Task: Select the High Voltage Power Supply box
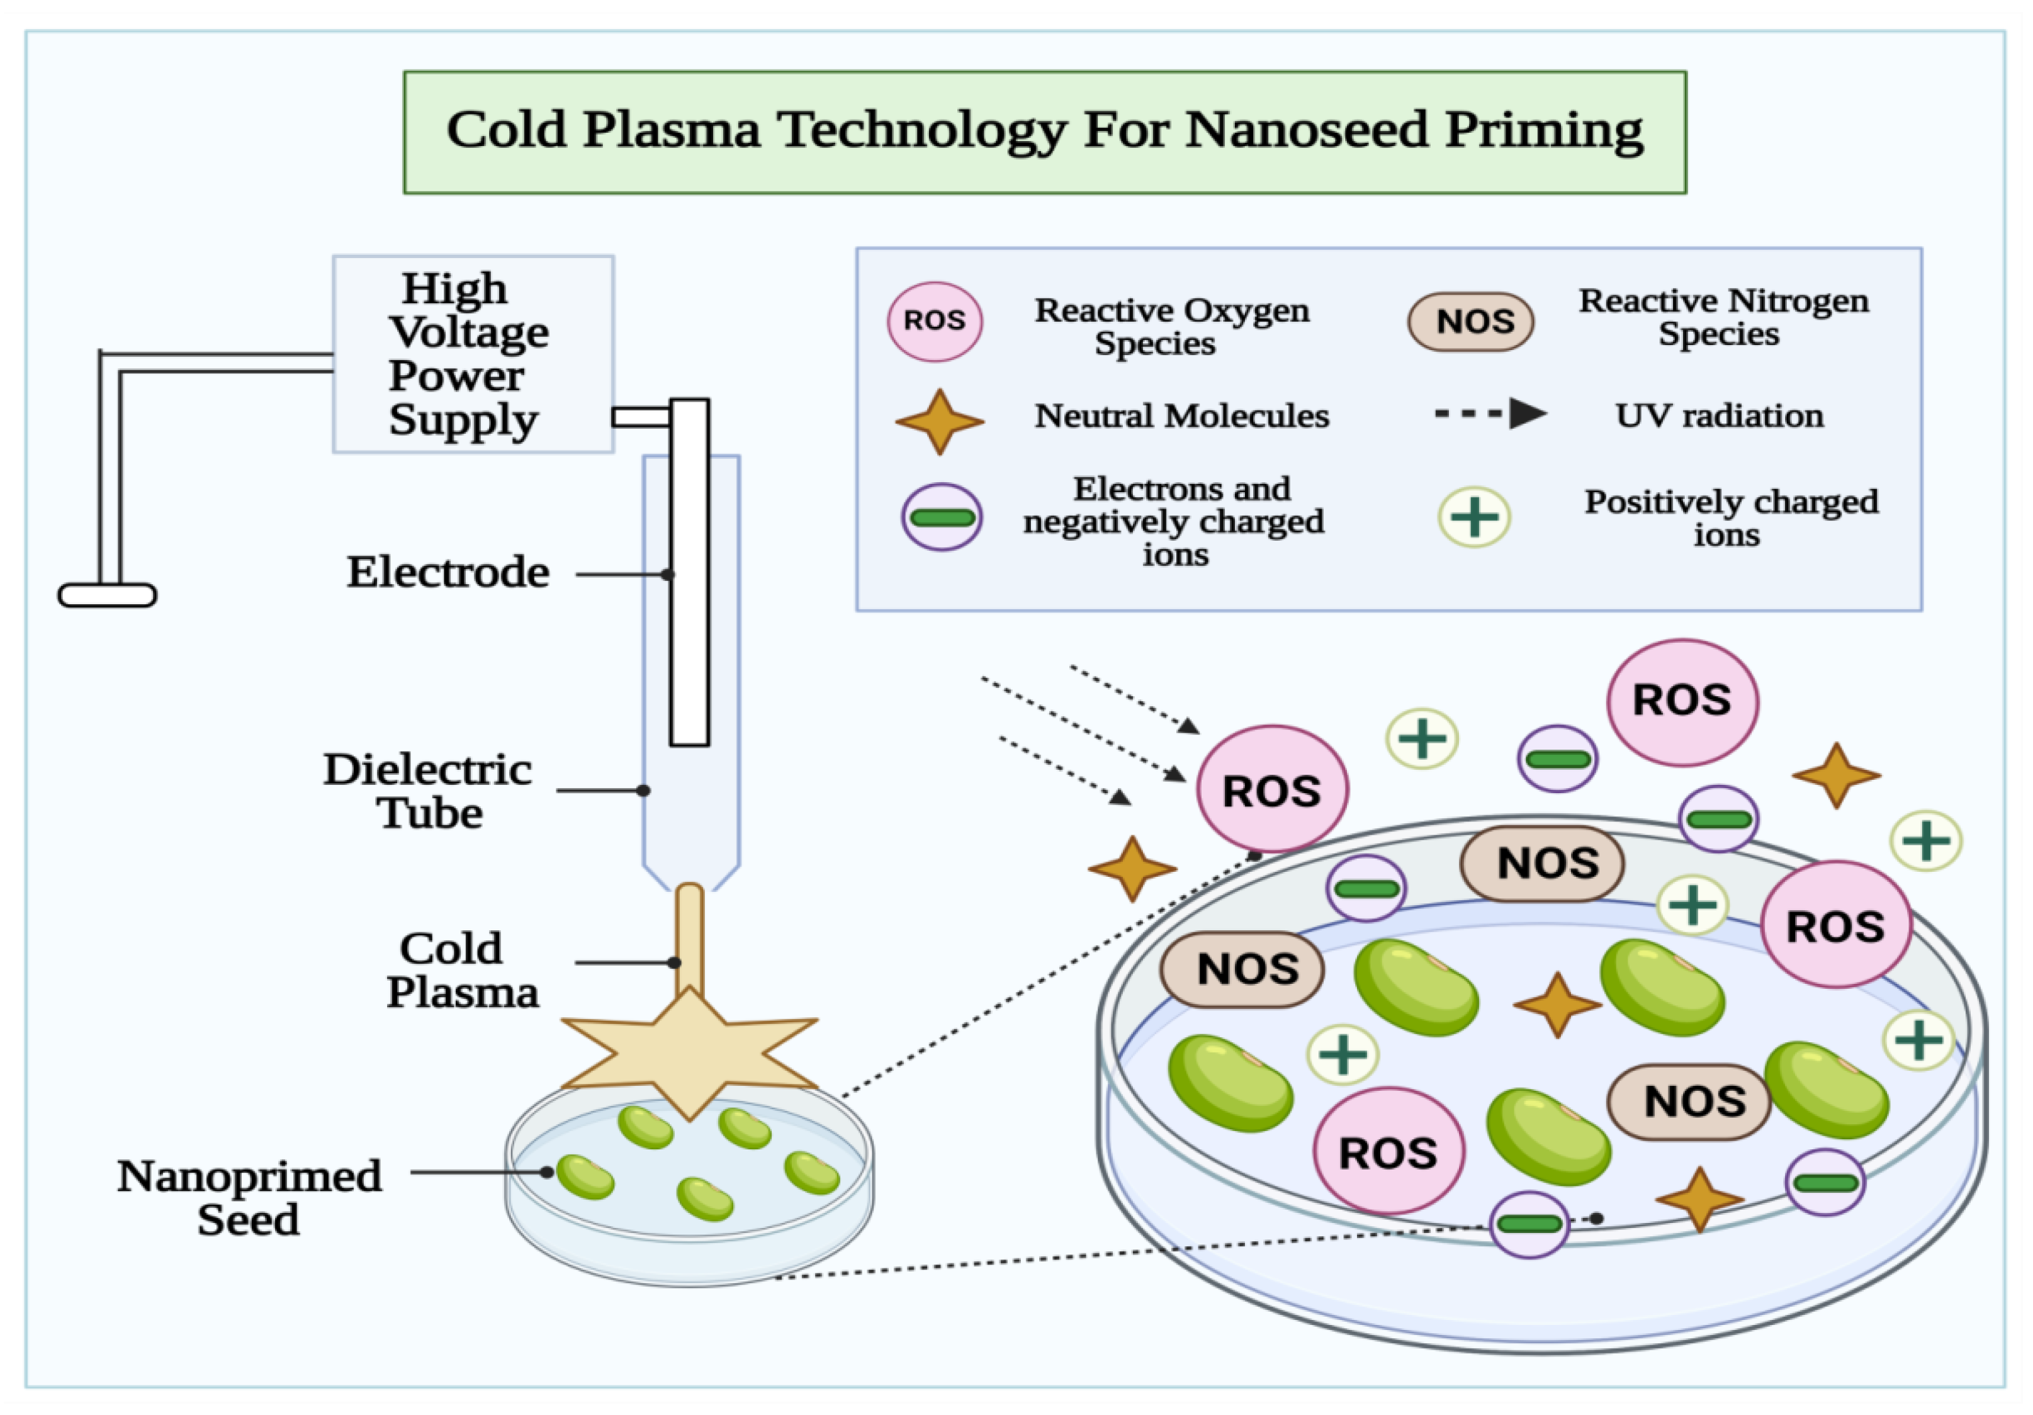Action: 473,354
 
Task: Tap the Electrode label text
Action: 448,572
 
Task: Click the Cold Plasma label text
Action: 461,971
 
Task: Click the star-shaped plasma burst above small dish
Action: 689,1054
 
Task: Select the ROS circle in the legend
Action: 934,322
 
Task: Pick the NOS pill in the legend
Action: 1471,322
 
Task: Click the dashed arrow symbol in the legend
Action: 1490,414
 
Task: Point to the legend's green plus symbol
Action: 1473,517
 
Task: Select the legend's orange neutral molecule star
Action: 940,422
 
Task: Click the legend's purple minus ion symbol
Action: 941,517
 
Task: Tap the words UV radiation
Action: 1719,415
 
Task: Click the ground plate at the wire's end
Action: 107,595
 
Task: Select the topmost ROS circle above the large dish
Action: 1682,701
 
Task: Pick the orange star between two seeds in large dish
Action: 1557,1005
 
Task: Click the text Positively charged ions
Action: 1730,517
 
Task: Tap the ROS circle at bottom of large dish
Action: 1387,1152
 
